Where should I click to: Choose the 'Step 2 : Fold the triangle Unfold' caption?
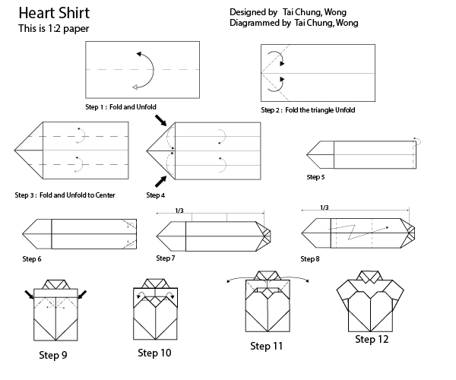[x=308, y=110]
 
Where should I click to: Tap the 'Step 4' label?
[x=155, y=195]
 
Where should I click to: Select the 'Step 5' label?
[x=315, y=176]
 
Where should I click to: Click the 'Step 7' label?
[x=166, y=258]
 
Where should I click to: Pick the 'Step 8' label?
[x=310, y=259]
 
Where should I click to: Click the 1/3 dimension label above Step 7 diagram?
[x=179, y=211]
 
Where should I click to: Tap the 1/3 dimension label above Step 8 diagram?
[x=324, y=207]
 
